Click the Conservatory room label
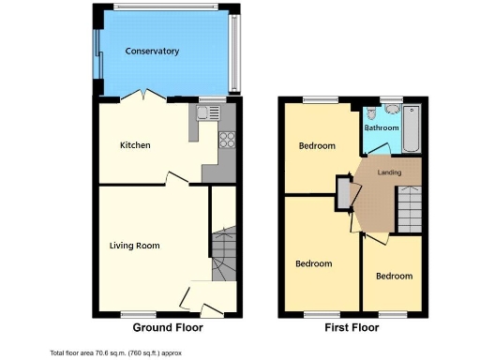[152, 51]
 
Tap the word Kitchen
[135, 145]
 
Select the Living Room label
[134, 246]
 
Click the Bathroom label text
[382, 127]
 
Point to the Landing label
[390, 172]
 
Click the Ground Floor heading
[167, 328]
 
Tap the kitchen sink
[208, 114]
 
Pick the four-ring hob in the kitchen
[226, 141]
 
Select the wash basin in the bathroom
[391, 110]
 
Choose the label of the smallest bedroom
[394, 276]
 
